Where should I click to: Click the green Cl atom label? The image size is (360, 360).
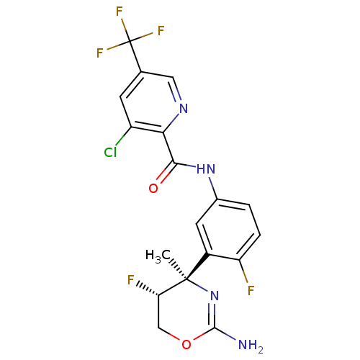click(x=109, y=152)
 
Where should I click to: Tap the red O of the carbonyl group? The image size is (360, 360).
click(x=153, y=189)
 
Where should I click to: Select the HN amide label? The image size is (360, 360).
click(x=206, y=170)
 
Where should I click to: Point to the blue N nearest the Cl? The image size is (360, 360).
click(x=183, y=109)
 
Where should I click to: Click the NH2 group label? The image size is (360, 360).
click(x=250, y=345)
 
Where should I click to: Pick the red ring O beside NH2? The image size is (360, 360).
click(x=186, y=344)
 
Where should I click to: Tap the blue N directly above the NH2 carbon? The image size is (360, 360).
click(x=214, y=294)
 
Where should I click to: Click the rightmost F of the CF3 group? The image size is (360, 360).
click(x=161, y=31)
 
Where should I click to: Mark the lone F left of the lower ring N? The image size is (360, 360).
click(x=130, y=277)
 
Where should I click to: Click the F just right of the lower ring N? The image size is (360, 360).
click(x=251, y=291)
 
